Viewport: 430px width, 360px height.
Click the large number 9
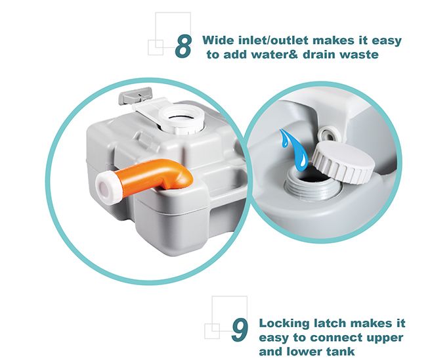(x=240, y=330)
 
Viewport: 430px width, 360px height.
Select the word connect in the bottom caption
(x=340, y=339)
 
